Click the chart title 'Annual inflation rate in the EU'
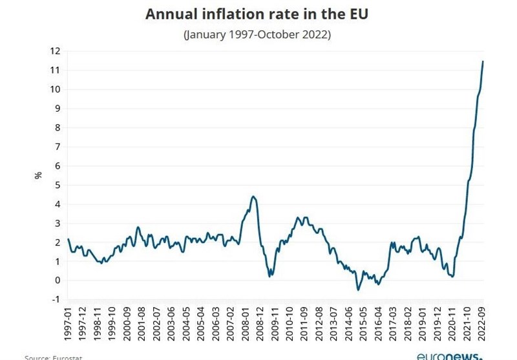click(257, 14)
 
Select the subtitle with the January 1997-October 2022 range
click(257, 35)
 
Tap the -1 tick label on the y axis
click(56, 299)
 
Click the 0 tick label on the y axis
click(58, 281)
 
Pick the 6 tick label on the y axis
click(58, 166)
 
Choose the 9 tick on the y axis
click(58, 109)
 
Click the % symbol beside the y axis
click(38, 175)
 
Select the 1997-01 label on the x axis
click(69, 326)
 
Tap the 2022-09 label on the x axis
click(481, 326)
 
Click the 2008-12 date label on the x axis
click(260, 326)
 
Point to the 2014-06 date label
click(349, 326)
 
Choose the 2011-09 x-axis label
click(305, 326)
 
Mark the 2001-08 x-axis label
click(142, 326)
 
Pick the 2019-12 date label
click(438, 326)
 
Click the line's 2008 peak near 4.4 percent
click(253, 196)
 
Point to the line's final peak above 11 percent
click(483, 61)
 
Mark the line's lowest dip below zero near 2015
click(357, 290)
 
